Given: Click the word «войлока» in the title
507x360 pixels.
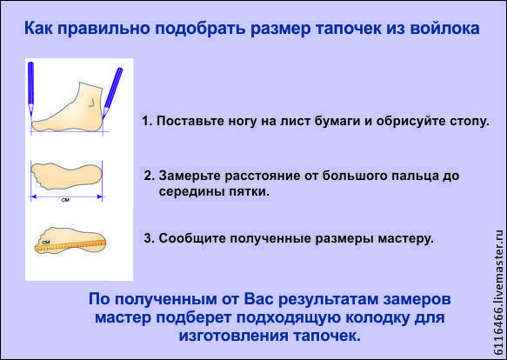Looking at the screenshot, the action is pyautogui.click(x=444, y=28).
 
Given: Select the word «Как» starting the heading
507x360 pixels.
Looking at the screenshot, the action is pyautogui.click(x=39, y=28).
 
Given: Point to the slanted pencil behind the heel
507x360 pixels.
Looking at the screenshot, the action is pyautogui.click(x=113, y=91).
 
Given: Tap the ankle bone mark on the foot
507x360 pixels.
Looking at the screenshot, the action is pyautogui.click(x=91, y=103).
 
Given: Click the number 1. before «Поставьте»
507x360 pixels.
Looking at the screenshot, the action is pyautogui.click(x=148, y=121).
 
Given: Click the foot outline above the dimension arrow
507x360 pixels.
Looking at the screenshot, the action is pyautogui.click(x=66, y=177).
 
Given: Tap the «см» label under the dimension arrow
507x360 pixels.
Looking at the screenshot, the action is pyautogui.click(x=65, y=200).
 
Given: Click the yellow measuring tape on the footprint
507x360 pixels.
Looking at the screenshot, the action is pyautogui.click(x=70, y=246).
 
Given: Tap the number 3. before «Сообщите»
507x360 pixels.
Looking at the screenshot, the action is pyautogui.click(x=150, y=238).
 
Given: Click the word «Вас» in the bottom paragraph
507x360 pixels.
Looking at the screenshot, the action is pyautogui.click(x=258, y=299).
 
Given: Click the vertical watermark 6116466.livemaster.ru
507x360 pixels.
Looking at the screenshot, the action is pyautogui.click(x=498, y=292).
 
